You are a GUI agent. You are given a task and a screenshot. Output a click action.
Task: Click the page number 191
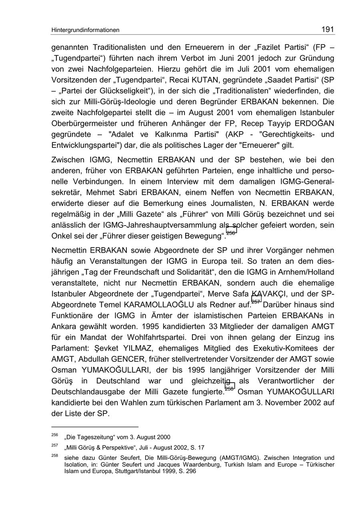click(x=328, y=29)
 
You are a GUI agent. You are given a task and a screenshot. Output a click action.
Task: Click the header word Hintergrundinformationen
click(x=85, y=30)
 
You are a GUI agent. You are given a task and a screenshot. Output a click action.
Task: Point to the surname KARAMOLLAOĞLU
click(x=150, y=304)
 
